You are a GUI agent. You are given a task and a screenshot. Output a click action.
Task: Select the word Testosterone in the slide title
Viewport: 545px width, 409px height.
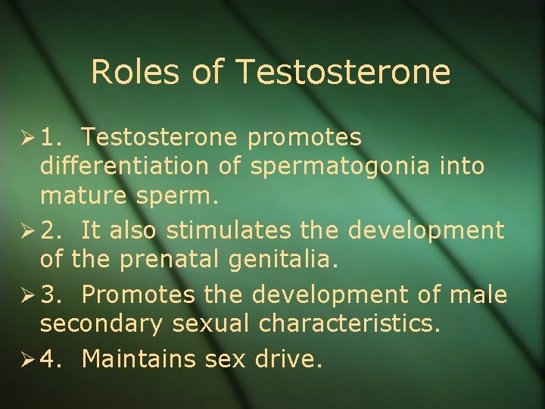(x=343, y=73)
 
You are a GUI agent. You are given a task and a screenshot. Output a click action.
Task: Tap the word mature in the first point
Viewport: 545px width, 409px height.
(x=83, y=197)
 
